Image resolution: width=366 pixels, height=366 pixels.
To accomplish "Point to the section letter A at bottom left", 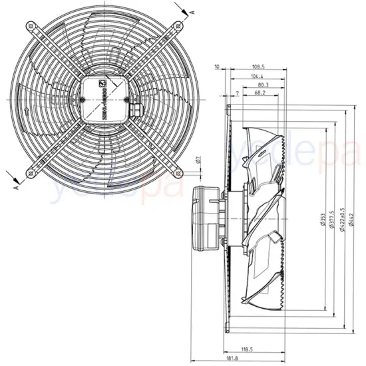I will (15, 188).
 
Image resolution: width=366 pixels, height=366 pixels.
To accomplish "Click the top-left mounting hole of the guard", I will (30, 27).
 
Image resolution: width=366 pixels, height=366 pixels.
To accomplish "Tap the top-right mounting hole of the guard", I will (177, 27).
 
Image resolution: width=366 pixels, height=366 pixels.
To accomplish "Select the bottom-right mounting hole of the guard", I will (177, 173).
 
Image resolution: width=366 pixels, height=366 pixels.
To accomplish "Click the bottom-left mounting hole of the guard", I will (30, 173).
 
